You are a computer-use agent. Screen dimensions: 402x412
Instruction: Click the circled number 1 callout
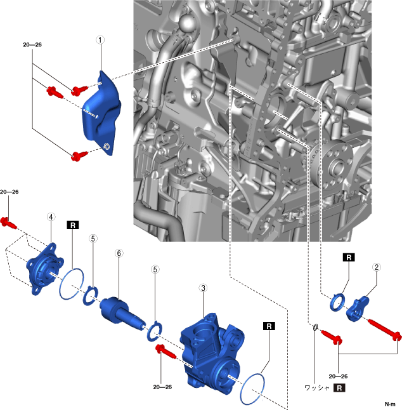pos(100,39)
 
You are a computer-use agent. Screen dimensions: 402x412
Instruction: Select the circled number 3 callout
pos(203,288)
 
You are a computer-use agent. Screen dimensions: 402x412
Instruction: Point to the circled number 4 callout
pos(50,216)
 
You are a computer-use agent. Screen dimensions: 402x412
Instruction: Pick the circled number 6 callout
pos(119,253)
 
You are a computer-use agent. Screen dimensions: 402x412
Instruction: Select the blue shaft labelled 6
pos(124,310)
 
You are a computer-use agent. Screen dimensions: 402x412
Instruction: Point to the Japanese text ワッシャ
pos(317,387)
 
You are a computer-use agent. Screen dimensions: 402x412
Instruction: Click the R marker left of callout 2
pos(349,257)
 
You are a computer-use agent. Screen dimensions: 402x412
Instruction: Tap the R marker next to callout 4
pos(73,225)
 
